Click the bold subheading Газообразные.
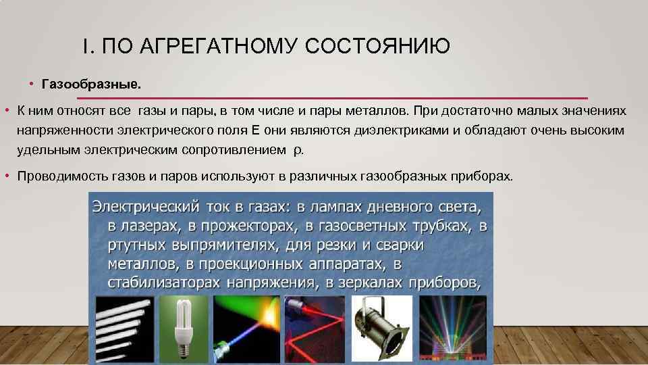pos(92,85)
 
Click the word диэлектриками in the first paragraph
pos(407,129)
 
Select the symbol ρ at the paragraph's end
pos(298,150)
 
